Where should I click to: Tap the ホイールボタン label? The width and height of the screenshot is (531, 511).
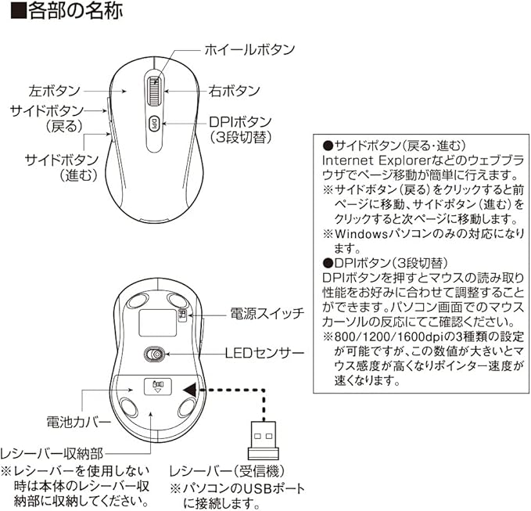(x=249, y=49)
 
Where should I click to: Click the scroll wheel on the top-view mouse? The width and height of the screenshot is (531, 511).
(x=154, y=92)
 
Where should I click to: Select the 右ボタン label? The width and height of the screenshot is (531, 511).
(x=234, y=92)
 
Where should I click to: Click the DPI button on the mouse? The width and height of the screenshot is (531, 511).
(x=154, y=123)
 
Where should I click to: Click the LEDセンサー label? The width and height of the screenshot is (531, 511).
(x=264, y=354)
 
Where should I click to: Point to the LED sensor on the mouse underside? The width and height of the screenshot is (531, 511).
(x=156, y=355)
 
